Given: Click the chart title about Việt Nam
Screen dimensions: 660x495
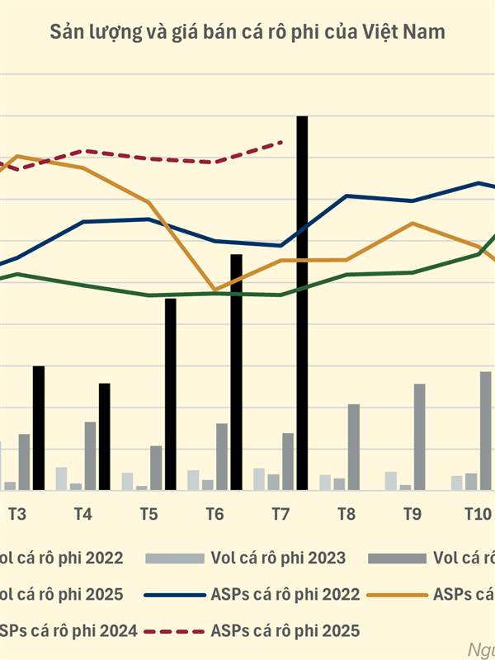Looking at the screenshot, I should [x=247, y=33].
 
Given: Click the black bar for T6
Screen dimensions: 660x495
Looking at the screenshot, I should [x=237, y=372].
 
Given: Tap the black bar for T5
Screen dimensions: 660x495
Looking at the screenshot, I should [x=171, y=394].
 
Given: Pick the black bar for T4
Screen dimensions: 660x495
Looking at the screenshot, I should [x=105, y=436].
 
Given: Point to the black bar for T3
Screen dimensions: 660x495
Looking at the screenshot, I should [x=39, y=428].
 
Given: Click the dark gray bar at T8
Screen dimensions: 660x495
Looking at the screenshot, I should [x=353, y=447].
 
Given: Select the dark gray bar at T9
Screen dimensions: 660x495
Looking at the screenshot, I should [x=419, y=437].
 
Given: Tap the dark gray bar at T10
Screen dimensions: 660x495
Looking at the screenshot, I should [x=485, y=431].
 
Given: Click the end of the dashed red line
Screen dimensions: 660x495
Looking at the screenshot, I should [x=282, y=142].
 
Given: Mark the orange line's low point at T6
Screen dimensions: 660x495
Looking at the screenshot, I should [x=214, y=290].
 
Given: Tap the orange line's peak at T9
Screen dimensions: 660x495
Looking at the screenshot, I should [x=412, y=223].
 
